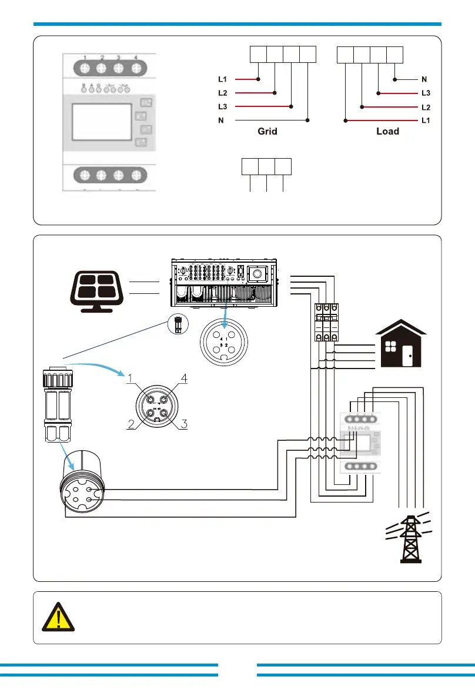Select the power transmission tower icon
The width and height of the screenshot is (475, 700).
(409, 538)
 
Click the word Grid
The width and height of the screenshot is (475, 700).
(267, 132)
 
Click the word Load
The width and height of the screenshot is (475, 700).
(387, 132)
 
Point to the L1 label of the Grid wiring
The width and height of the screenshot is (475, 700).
(222, 78)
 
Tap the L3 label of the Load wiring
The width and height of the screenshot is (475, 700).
(426, 93)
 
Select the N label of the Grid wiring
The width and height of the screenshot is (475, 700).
(221, 120)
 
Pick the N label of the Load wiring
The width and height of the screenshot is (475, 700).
(424, 78)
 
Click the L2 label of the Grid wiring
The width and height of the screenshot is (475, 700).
(222, 93)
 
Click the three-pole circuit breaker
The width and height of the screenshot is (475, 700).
(326, 321)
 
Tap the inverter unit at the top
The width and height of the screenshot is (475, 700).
(225, 283)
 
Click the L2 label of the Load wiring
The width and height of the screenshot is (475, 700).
(426, 107)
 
